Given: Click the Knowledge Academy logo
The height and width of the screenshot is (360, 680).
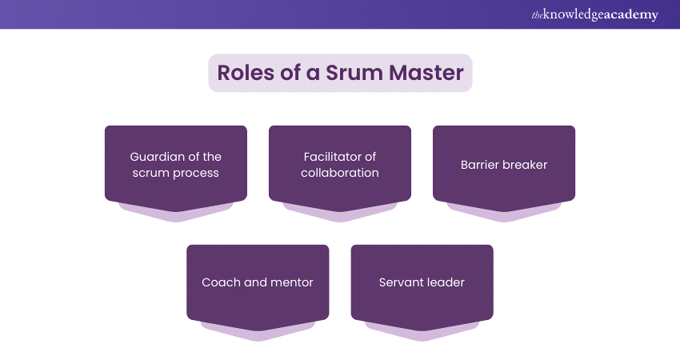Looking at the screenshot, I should click(594, 15).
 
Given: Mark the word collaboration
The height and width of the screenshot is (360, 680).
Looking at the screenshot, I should click(340, 173).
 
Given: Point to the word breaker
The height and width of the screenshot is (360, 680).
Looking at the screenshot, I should click(525, 165).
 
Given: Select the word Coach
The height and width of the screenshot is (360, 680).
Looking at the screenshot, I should click(219, 282).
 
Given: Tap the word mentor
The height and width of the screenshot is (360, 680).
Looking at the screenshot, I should click(290, 282).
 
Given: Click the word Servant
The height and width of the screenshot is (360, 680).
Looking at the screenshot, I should click(399, 282).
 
